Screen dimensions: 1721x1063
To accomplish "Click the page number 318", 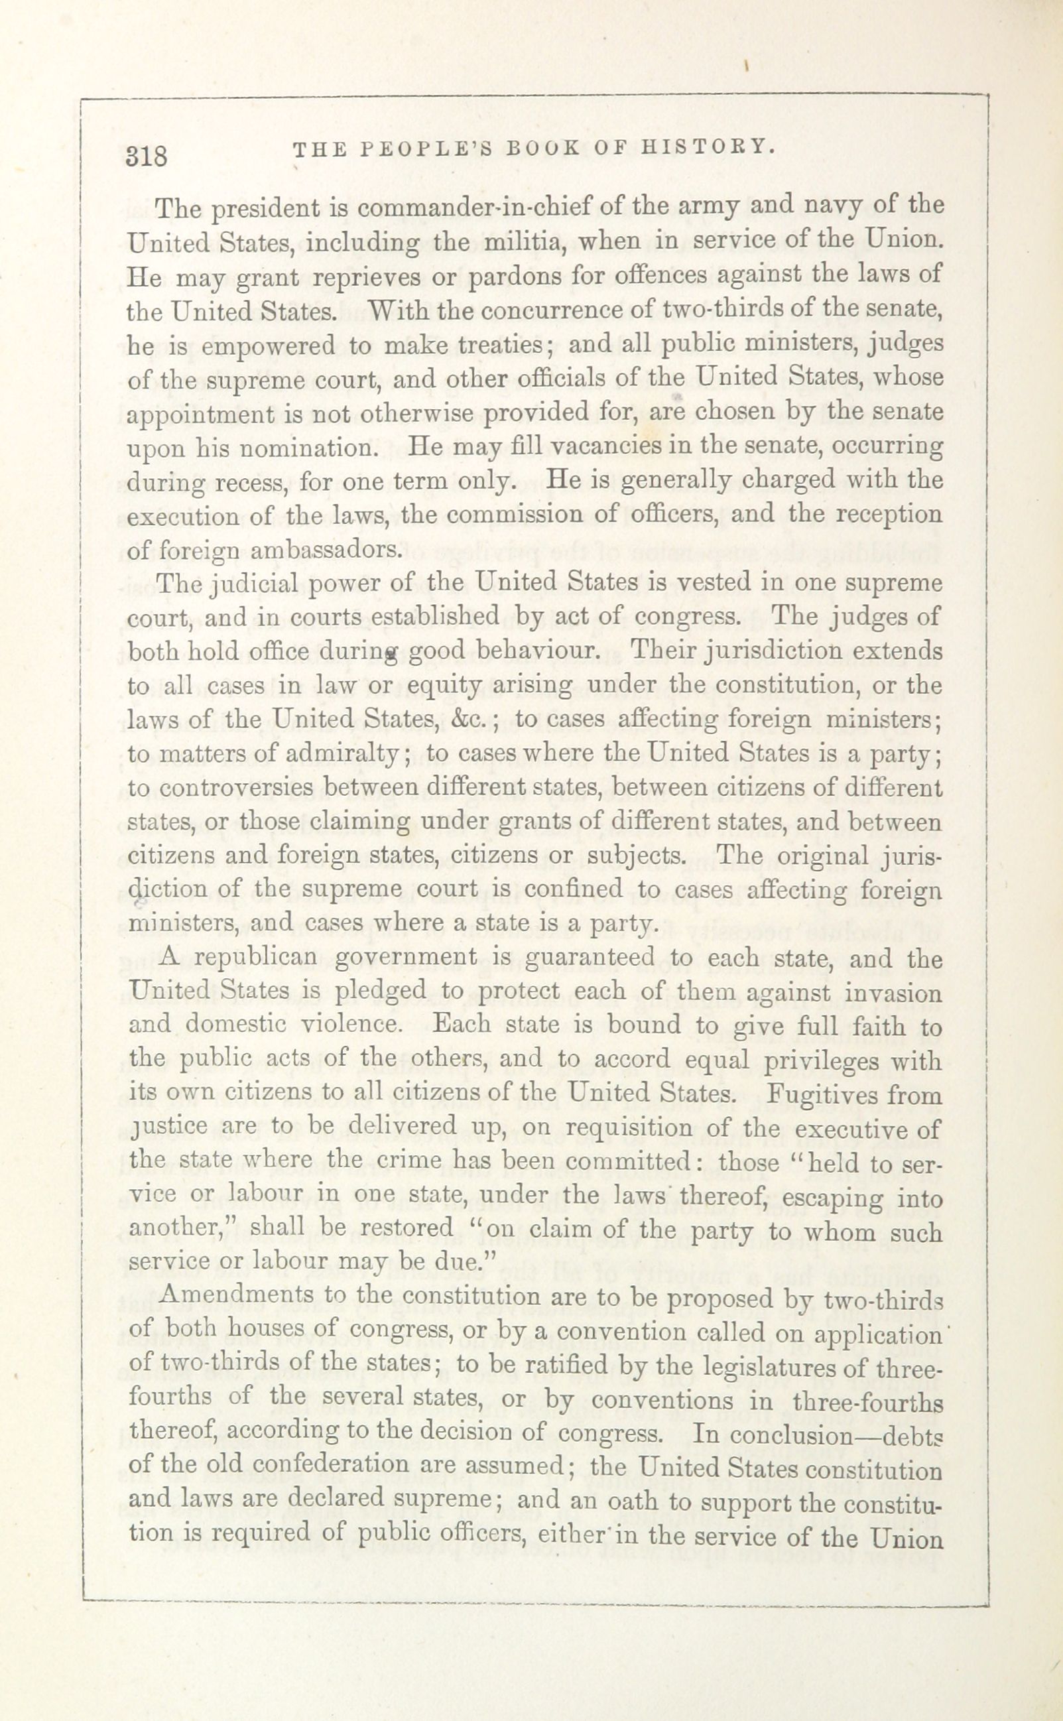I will [x=147, y=155].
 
